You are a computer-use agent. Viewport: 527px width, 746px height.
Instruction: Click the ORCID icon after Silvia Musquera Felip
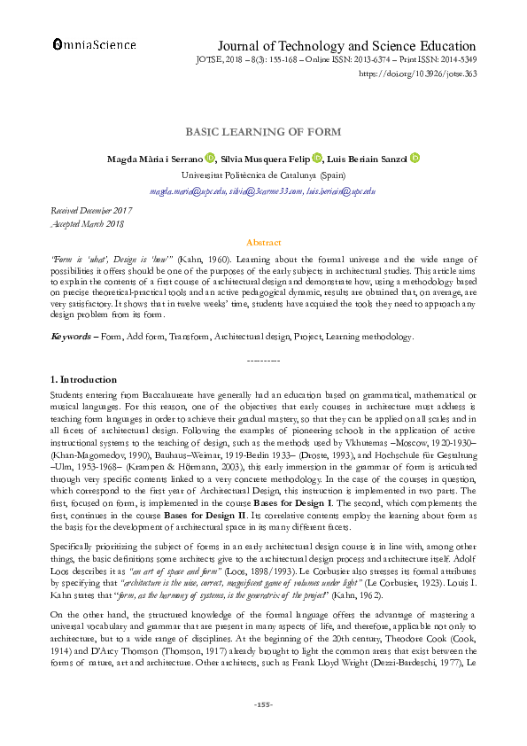(316, 159)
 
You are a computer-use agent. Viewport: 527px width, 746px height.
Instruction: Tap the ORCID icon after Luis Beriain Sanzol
(415, 159)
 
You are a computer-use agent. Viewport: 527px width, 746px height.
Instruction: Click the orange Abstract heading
(263, 243)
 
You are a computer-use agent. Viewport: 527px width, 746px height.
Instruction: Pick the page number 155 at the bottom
(263, 729)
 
